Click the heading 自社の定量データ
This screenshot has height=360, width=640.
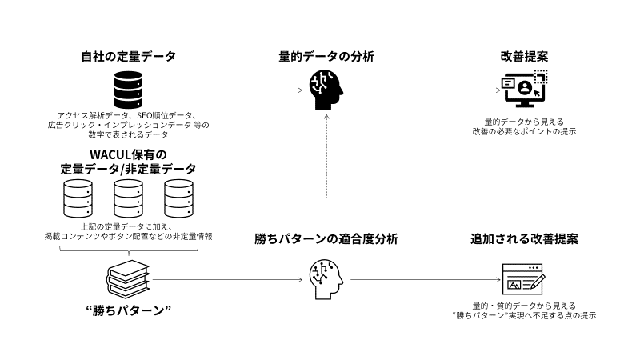[x=128, y=57]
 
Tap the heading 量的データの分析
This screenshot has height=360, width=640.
[x=326, y=57]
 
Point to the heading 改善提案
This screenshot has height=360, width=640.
[x=524, y=57]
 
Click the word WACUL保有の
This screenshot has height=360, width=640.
[x=128, y=154]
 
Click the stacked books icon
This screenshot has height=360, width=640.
[x=128, y=278]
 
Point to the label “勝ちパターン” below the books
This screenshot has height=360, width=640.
[x=128, y=310]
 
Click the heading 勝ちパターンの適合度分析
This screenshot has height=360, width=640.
[x=326, y=239]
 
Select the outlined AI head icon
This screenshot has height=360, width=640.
[x=326, y=278]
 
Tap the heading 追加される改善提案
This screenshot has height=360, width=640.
[x=524, y=239]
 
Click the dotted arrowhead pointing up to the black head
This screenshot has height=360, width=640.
[x=326, y=118]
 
